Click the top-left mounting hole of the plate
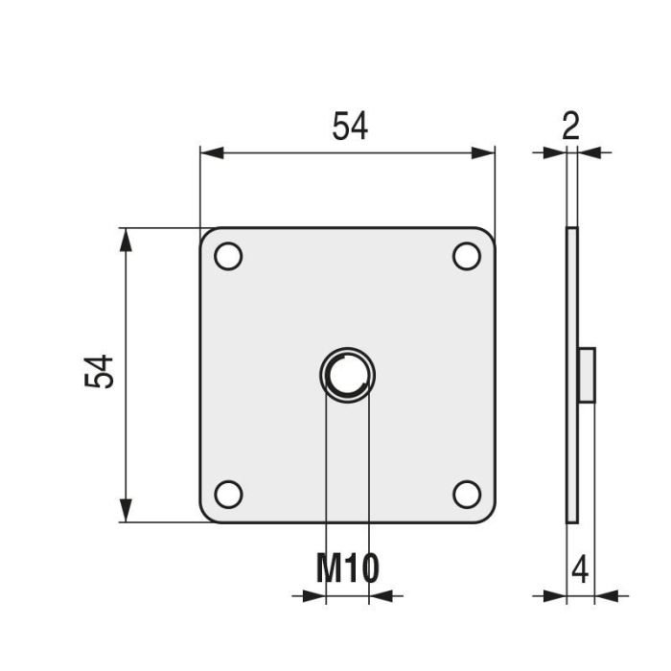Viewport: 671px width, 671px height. pyautogui.click(x=228, y=256)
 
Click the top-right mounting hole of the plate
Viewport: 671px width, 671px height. pyautogui.click(x=467, y=256)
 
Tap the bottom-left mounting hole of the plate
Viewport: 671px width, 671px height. pyautogui.click(x=228, y=494)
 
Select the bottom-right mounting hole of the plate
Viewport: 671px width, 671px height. pyautogui.click(x=467, y=494)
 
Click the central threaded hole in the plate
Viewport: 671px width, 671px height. pyautogui.click(x=347, y=375)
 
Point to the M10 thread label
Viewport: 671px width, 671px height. pyautogui.click(x=348, y=568)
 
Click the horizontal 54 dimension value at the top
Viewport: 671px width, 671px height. pyautogui.click(x=350, y=127)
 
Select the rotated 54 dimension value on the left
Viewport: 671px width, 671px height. pyautogui.click(x=100, y=372)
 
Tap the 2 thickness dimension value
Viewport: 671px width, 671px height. pyautogui.click(x=571, y=127)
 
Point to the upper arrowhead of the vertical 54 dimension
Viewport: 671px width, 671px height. pyautogui.click(x=124, y=240)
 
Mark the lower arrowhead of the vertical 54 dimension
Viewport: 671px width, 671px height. pyautogui.click(x=124, y=511)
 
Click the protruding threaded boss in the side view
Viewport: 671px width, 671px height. pyautogui.click(x=588, y=375)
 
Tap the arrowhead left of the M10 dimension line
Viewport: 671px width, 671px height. pyautogui.click(x=314, y=596)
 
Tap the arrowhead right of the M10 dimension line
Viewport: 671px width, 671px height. pyautogui.click(x=381, y=596)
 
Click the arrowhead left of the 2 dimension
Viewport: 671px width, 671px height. pyautogui.click(x=555, y=152)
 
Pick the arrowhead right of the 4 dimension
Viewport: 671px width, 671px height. pyautogui.click(x=607, y=596)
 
